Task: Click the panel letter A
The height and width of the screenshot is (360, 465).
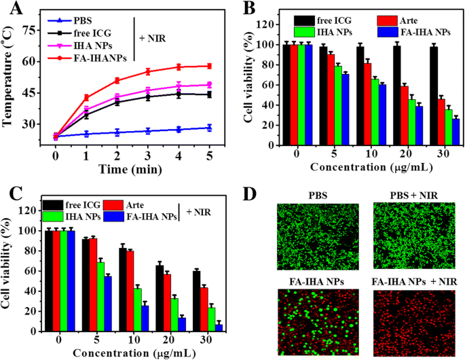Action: tap(12, 11)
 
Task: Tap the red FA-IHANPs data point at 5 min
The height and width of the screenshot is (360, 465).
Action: tap(209, 66)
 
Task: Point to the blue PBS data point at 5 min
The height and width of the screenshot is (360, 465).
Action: tap(209, 128)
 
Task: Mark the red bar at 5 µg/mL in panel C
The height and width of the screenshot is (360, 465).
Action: tap(94, 285)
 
